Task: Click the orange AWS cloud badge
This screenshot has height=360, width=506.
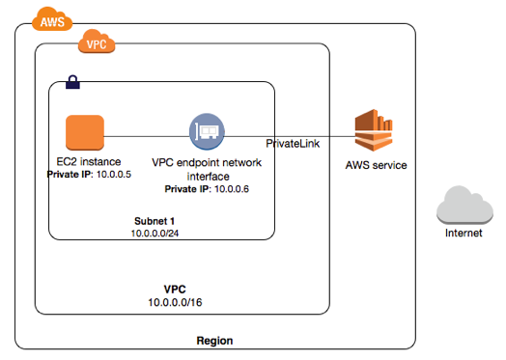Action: [x=52, y=19]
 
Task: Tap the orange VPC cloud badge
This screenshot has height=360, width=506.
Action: [x=97, y=42]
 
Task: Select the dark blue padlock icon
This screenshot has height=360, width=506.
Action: [x=72, y=82]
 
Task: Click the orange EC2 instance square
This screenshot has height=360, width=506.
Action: [x=85, y=132]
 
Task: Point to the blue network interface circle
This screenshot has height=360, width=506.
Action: [x=207, y=131]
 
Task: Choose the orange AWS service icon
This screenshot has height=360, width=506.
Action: [x=374, y=130]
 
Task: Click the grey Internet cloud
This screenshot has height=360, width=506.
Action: [x=464, y=205]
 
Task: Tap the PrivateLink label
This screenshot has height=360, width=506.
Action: [x=293, y=144]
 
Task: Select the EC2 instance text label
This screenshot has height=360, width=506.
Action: [x=89, y=161]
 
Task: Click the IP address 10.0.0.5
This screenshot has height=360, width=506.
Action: [x=114, y=174]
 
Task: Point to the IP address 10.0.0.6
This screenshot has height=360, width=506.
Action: [x=232, y=189]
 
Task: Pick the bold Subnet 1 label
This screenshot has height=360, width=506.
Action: [x=155, y=221]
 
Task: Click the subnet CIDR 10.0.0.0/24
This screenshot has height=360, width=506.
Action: [x=155, y=234]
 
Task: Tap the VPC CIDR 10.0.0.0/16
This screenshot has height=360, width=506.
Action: [x=175, y=302]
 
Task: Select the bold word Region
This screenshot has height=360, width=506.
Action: [x=214, y=341]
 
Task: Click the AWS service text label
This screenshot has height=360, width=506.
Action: [x=376, y=165]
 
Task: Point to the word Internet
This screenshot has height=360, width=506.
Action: [x=464, y=233]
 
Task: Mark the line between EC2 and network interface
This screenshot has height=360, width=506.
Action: [x=147, y=136]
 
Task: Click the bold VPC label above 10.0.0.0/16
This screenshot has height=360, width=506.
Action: [x=175, y=289]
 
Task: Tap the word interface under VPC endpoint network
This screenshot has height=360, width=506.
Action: [x=209, y=176]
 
